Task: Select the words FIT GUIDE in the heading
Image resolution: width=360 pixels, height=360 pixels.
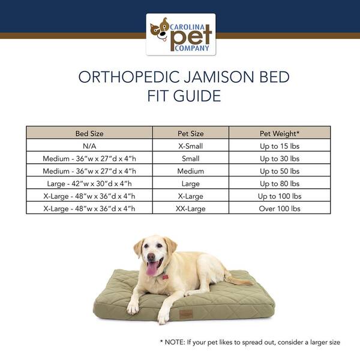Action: (180, 95)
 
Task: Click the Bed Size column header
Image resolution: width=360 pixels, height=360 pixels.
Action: (89, 133)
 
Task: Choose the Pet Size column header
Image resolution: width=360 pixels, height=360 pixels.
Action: (190, 133)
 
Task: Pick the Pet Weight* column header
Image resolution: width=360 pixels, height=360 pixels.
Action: (279, 133)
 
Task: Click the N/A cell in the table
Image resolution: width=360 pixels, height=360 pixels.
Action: (89, 146)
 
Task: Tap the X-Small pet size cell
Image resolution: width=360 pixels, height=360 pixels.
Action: (190, 146)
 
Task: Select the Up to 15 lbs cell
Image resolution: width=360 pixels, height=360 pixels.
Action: (279, 146)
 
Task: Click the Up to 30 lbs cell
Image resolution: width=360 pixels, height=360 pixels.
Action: (279, 158)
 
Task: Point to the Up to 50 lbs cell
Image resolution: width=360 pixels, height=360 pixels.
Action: (279, 171)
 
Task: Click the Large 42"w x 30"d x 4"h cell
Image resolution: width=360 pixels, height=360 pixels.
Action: (89, 184)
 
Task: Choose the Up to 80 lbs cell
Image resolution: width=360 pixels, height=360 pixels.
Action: (279, 184)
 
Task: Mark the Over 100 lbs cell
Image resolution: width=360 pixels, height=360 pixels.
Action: (279, 209)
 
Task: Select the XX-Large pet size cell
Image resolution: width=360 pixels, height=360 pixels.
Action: (190, 209)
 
